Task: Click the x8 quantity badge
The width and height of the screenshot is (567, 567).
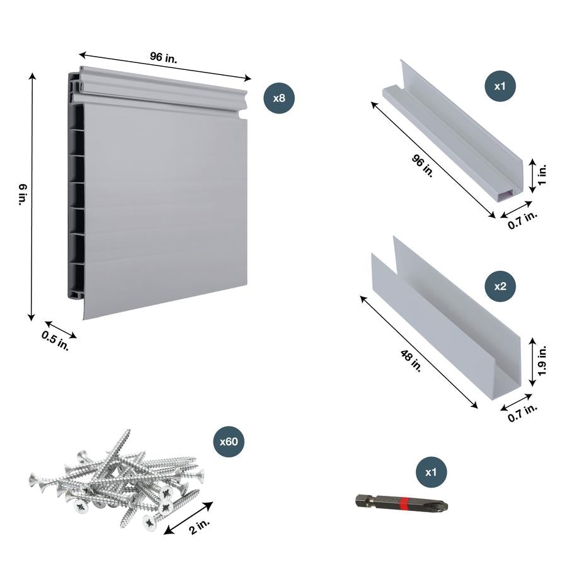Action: click(x=279, y=98)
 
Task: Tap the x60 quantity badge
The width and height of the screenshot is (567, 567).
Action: click(x=229, y=442)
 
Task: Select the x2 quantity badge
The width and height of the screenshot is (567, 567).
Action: click(x=500, y=285)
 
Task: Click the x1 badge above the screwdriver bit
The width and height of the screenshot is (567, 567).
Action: click(x=431, y=471)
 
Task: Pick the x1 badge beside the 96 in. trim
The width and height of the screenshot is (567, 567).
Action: click(x=500, y=86)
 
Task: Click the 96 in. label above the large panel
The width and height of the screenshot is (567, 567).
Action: click(x=163, y=57)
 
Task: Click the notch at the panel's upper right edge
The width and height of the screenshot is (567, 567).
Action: click(x=243, y=115)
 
